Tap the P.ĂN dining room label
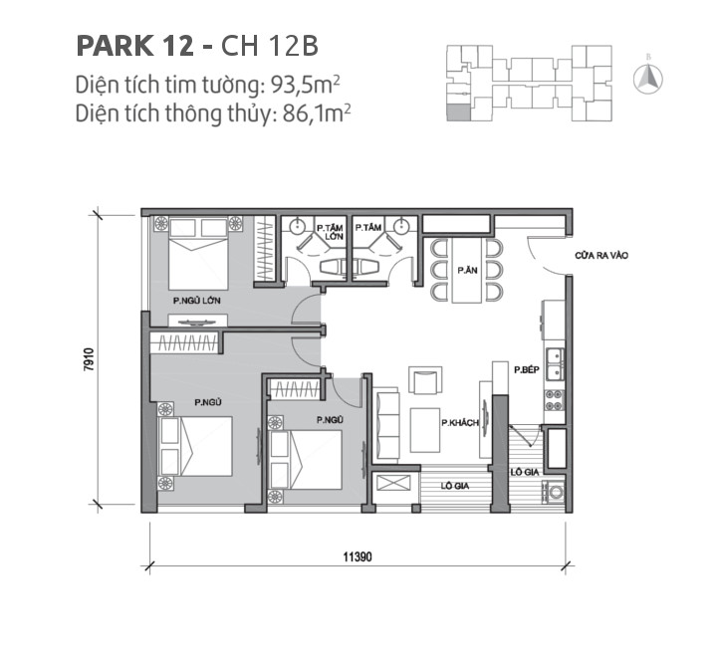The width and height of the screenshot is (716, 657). click(464, 270)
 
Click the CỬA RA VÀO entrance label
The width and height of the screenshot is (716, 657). click(600, 256)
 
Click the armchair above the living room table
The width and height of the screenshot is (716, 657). click(423, 381)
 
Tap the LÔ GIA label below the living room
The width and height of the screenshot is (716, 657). click(457, 486)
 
